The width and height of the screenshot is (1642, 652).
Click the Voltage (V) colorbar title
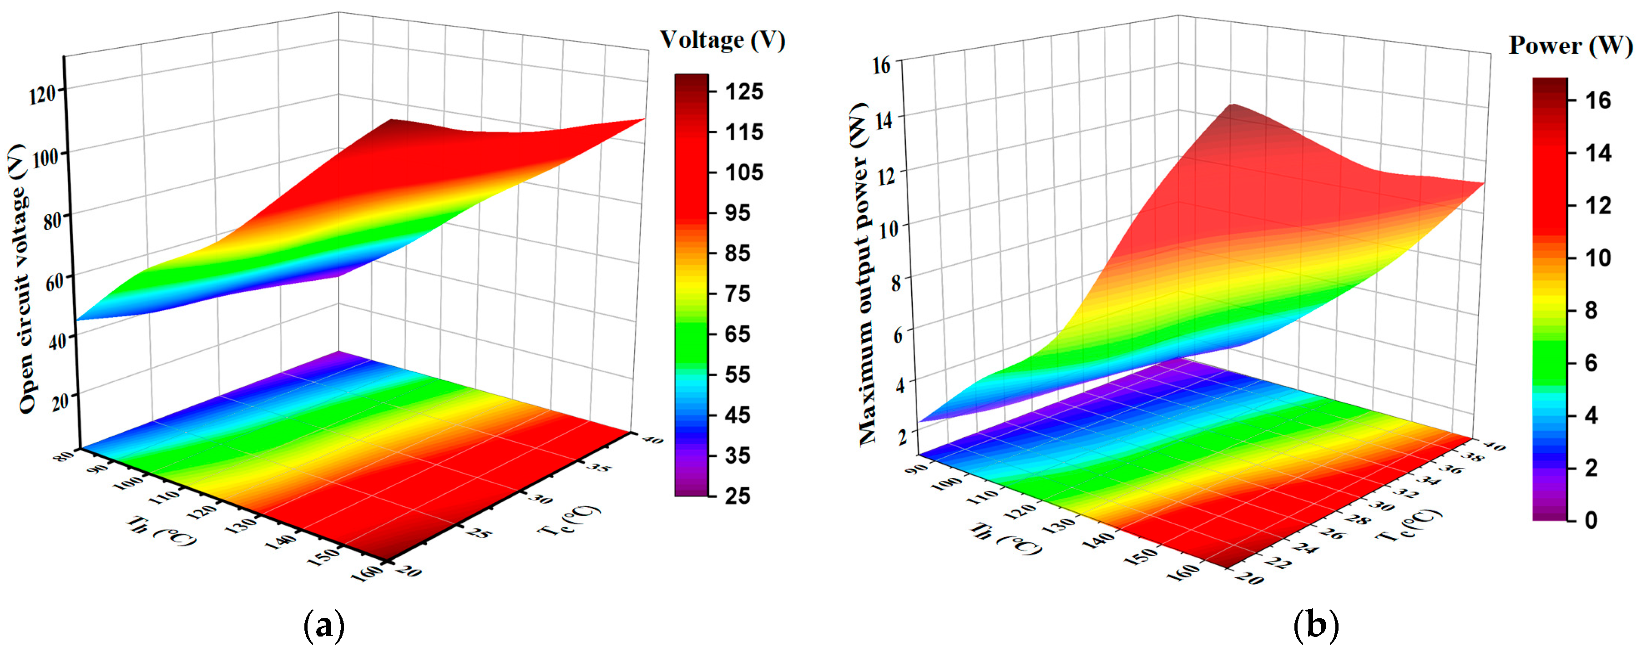click(722, 40)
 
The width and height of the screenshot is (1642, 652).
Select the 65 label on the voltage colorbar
click(737, 334)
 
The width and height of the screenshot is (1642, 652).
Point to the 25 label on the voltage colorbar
click(737, 496)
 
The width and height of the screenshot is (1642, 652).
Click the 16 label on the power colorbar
click(1597, 100)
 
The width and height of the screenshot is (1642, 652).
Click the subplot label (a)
click(324, 626)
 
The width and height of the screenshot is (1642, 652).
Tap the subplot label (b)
click(1316, 626)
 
